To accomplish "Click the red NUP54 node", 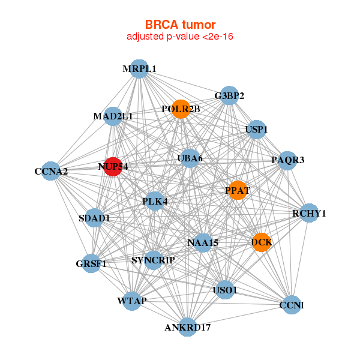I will (x=113, y=167).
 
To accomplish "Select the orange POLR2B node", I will (x=181, y=109).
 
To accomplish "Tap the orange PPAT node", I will (x=238, y=190).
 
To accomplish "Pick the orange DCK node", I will (x=262, y=242).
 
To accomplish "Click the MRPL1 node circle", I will (x=139, y=69).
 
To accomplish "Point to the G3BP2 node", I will (x=229, y=95).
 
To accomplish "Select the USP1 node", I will (x=256, y=130).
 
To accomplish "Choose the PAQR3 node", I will (x=287, y=160).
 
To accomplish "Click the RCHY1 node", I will (x=308, y=213).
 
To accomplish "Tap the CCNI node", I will (x=292, y=305).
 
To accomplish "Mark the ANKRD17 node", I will (x=188, y=327).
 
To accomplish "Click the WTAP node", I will (x=132, y=300).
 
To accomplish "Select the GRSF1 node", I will (x=91, y=263).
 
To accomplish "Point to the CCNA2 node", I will (x=51, y=172).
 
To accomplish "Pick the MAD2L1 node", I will (x=113, y=116).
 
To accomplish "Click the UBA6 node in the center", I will (x=190, y=158).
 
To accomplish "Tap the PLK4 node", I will (x=154, y=202).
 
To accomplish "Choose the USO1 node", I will (x=225, y=290).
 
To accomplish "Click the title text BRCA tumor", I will (x=180, y=25).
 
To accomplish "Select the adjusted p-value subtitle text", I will (x=180, y=37).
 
